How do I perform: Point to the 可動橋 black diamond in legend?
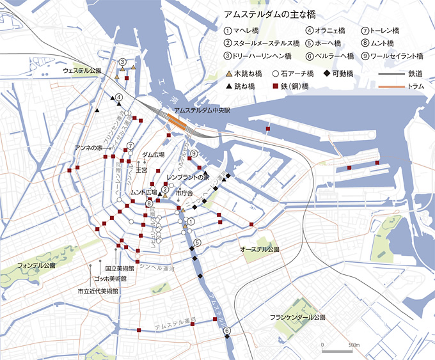tap(328, 74)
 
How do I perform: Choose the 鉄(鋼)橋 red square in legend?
tap(275, 86)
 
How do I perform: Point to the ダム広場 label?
tap(153, 155)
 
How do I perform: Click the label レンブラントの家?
tap(187, 176)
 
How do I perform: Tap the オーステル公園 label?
tap(260, 248)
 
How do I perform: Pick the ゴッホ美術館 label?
tap(109, 280)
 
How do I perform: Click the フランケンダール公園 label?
tap(297, 317)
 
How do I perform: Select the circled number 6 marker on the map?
tap(226, 331)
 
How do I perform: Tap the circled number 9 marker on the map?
tap(194, 154)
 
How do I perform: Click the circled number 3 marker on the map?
tap(122, 61)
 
